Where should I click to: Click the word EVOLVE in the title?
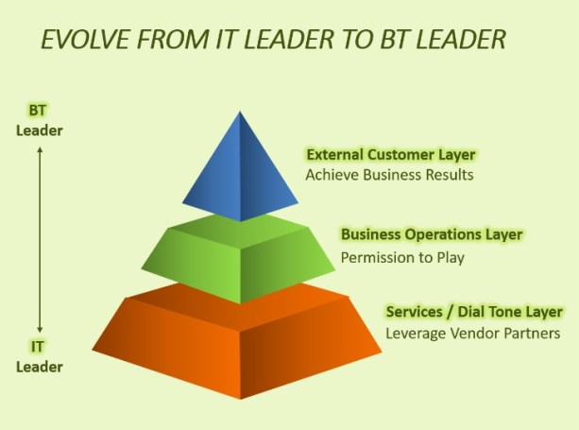click(85, 39)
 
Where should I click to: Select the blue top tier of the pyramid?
click(240, 166)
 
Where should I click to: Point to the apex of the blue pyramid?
click(240, 111)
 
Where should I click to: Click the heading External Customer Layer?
click(391, 155)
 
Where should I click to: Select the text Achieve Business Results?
click(389, 175)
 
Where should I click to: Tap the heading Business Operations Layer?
click(432, 234)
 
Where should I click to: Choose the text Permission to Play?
click(402, 257)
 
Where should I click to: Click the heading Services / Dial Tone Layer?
click(474, 312)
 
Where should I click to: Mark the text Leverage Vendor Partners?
click(473, 334)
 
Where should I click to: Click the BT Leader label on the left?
click(39, 120)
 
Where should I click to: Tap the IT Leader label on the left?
click(39, 357)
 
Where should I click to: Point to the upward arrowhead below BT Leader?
click(40, 149)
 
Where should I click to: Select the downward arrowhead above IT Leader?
click(40, 329)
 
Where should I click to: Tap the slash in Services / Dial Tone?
click(450, 312)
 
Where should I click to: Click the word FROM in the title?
click(172, 39)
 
